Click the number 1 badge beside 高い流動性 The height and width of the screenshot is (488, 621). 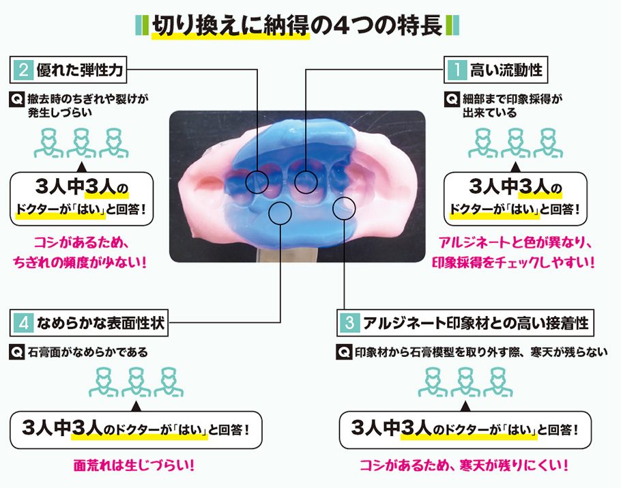pos(455,69)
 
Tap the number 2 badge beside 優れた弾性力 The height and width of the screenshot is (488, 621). pos(23,69)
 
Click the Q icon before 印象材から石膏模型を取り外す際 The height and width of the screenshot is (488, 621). pos(345,352)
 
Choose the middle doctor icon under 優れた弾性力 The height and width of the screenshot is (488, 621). pos(81,141)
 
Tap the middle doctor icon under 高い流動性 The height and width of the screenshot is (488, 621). pos(514,141)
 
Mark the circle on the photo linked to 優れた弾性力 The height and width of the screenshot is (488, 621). pos(257,181)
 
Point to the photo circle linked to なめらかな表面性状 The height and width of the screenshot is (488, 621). pos(280,214)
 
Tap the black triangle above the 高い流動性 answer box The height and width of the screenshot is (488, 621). pos(514,165)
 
